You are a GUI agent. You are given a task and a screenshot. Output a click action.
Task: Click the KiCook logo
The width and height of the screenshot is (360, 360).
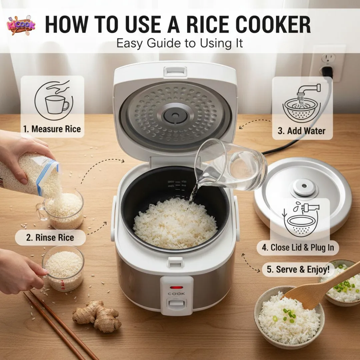21,25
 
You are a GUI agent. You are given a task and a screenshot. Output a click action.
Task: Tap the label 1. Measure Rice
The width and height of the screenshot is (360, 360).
52,129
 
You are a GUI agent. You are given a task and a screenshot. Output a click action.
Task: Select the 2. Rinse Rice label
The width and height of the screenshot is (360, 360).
50,238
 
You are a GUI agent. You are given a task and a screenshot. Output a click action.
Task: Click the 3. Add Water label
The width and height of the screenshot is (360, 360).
301,131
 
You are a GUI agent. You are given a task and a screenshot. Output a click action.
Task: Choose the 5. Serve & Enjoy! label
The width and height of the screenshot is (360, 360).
298,270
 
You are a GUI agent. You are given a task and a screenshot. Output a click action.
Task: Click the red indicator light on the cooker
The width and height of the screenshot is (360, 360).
176,287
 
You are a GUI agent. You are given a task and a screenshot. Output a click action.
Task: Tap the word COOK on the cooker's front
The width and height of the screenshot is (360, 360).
176,294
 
